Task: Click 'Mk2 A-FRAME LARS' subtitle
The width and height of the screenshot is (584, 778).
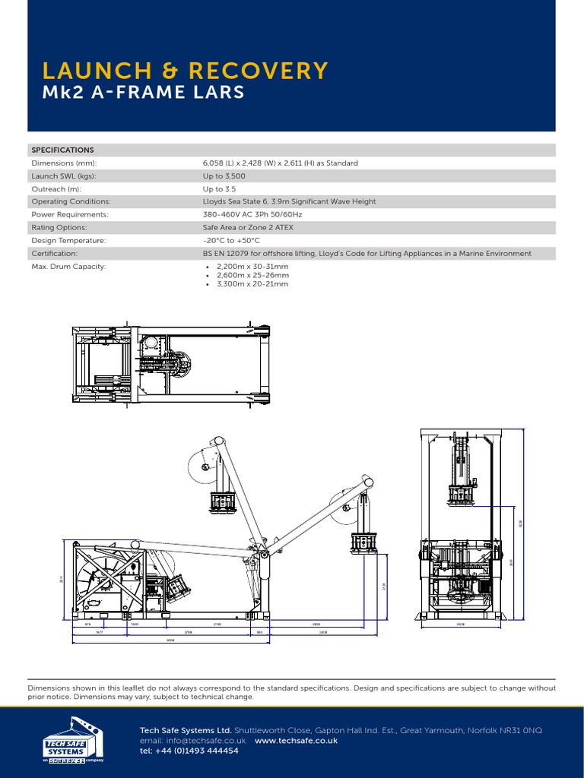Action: pos(144,93)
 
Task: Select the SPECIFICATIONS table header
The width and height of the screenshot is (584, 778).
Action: pos(62,150)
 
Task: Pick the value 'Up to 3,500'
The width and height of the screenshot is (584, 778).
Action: pos(224,176)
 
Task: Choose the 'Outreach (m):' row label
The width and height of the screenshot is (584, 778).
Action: pos(56,188)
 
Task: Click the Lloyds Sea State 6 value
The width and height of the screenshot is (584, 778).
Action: pos(289,201)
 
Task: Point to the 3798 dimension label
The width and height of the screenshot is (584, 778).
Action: pos(188,631)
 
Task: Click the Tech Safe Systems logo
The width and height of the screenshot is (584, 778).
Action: pos(72,738)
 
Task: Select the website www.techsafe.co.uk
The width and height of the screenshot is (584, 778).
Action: pos(296,740)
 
